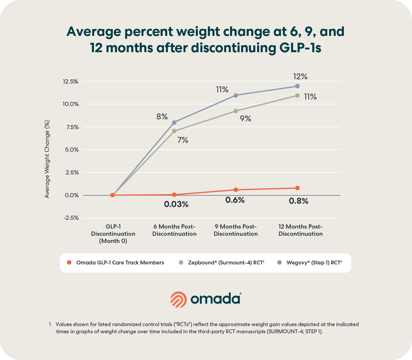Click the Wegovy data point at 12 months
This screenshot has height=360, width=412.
coord(297,86)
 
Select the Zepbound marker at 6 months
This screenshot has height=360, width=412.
coord(174,131)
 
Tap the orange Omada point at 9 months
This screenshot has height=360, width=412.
coord(236,190)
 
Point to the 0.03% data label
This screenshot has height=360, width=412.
coord(176,204)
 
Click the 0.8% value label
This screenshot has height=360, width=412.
coord(299,201)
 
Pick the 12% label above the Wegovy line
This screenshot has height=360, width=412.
coord(300,77)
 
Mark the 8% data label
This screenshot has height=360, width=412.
coord(162,116)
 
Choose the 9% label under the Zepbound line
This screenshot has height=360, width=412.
coord(245,119)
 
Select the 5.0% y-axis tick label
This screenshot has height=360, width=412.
coord(71,150)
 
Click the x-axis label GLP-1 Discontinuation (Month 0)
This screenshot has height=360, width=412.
coord(113,234)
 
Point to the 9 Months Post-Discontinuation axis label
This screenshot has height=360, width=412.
coord(236,230)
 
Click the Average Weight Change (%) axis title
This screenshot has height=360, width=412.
coord(47,159)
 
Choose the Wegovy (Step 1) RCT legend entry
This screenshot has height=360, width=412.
coord(314,262)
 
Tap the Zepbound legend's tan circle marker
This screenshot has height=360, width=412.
coord(181,262)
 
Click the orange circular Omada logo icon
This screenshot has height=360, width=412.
coord(179,299)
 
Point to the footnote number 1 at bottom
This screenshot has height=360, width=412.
coord(50,324)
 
